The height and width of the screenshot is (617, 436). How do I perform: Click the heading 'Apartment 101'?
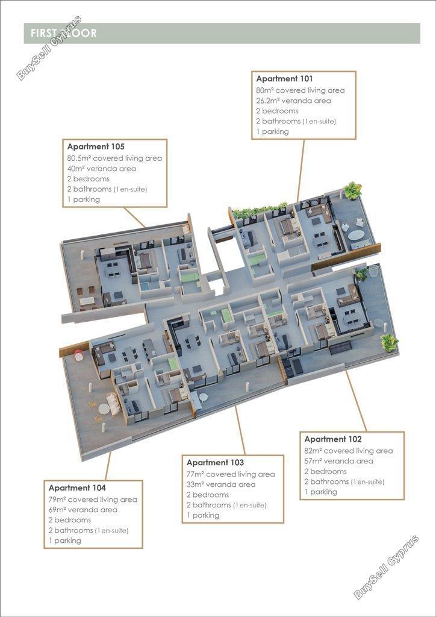tap(284, 79)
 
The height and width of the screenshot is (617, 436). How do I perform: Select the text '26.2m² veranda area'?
tap(293, 101)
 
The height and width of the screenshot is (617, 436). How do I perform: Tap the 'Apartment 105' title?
tap(96, 147)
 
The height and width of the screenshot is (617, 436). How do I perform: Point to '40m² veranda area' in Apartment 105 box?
tap(101, 169)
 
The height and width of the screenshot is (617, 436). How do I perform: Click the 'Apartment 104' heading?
tap(77, 488)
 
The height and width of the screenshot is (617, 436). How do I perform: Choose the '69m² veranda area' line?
tap(83, 510)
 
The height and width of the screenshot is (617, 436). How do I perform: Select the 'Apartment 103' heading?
tap(215, 463)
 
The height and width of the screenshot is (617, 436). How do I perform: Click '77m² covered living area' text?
tap(231, 475)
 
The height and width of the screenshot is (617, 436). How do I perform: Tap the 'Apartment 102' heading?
tap(332, 439)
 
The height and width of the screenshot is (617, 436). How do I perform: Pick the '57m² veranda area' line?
tap(338, 461)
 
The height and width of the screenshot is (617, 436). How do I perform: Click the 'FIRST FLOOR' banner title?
tap(64, 33)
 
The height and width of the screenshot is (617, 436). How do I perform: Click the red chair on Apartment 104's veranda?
tap(79, 355)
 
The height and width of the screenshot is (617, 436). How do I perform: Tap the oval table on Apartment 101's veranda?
tap(356, 235)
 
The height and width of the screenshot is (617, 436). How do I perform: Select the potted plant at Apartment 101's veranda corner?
tap(353, 190)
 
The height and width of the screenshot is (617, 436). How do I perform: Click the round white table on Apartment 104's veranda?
tap(104, 409)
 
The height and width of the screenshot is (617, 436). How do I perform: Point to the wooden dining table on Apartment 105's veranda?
tap(87, 301)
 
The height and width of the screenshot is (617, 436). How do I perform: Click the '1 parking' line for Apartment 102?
tap(320, 492)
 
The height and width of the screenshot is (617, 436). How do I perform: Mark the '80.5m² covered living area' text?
tap(114, 158)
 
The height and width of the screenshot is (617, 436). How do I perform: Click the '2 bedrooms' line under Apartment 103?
tap(208, 495)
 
